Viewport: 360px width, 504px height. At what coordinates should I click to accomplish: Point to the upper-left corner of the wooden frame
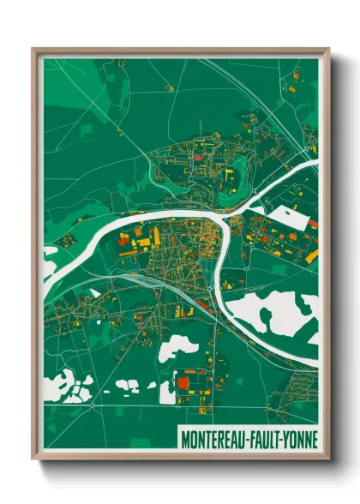tap(34, 51)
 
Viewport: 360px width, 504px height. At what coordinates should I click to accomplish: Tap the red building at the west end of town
tap(123, 241)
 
